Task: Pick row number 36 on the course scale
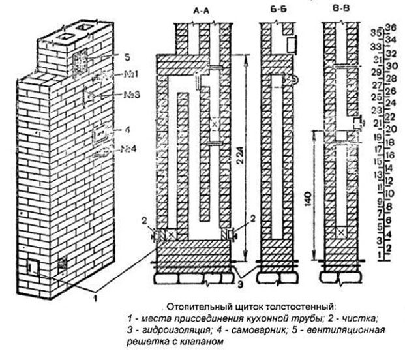point(392,27)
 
